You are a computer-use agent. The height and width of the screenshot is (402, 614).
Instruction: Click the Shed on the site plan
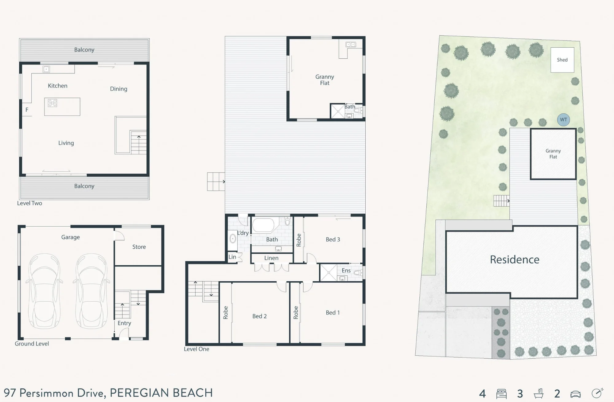pos(562,60)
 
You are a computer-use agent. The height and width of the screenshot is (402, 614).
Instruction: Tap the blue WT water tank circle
pos(563,120)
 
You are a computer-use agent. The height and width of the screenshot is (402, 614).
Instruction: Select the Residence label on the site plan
pos(515,260)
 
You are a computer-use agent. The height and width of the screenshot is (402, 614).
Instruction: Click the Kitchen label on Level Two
pos(57,86)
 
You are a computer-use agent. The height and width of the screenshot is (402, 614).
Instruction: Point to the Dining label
pos(119,89)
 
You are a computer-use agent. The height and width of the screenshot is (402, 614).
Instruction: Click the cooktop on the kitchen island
pos(52,103)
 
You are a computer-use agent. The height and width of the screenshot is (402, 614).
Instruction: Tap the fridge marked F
pos(27,110)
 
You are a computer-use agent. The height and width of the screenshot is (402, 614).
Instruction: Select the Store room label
pos(139,247)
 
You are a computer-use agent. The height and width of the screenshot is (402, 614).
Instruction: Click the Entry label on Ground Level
pos(124,323)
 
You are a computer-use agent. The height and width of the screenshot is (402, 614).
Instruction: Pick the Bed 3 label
pos(333,240)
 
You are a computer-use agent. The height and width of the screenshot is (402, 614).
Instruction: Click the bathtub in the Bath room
pos(263,225)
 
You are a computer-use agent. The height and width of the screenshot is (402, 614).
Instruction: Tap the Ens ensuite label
pos(346,271)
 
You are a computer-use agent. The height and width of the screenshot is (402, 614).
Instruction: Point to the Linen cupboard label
pos(271,258)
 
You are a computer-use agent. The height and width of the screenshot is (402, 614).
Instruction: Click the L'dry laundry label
pos(243,233)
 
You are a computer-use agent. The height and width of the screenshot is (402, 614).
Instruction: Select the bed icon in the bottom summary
pos(501,394)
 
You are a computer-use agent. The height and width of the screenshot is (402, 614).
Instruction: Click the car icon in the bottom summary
pos(576,394)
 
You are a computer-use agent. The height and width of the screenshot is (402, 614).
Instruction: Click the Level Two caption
pos(29,203)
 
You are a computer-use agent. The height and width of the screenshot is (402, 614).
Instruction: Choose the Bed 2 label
pos(259,316)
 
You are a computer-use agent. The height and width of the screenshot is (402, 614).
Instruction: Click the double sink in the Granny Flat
pos(351,45)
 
